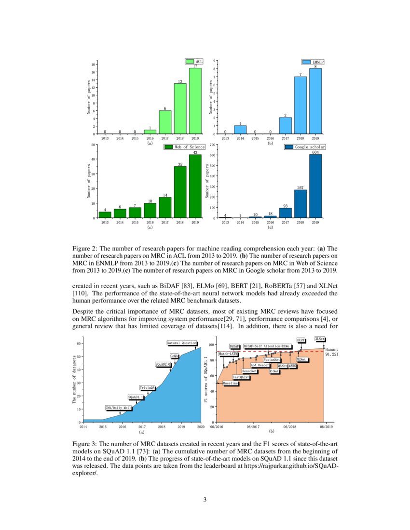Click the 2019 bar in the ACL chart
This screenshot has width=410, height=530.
pyautogui.click(x=195, y=101)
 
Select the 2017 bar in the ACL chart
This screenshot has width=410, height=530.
pyautogui.click(x=165, y=122)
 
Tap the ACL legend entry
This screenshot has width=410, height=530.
pyautogui.click(x=196, y=61)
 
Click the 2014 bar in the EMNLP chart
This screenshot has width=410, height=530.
pyautogui.click(x=240, y=130)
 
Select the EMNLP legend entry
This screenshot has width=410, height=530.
pyautogui.click(x=313, y=62)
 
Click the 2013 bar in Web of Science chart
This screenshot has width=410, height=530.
pyautogui.click(x=105, y=215)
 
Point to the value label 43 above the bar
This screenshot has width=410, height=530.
pyautogui.click(x=195, y=152)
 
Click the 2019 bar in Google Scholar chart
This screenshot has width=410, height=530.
pyautogui.click(x=315, y=186)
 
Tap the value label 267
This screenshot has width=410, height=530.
pyautogui.click(x=301, y=187)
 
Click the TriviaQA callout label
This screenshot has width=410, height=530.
pyautogui.click(x=148, y=387)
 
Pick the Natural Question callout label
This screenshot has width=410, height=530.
pyautogui.click(x=182, y=343)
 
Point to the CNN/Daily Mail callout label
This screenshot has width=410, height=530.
pyautogui.click(x=118, y=408)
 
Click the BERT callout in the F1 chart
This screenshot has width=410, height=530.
pyautogui.click(x=301, y=340)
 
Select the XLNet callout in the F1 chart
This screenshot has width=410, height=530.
pyautogui.click(x=320, y=339)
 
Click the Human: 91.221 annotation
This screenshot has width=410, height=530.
pyautogui.click(x=332, y=352)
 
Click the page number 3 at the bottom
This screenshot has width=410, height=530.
pyautogui.click(x=205, y=500)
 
